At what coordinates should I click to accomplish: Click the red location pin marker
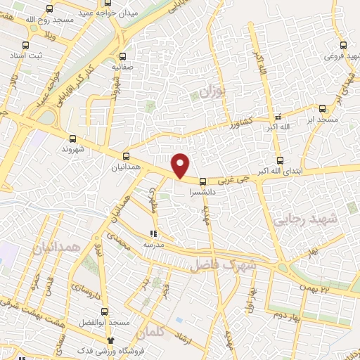[181, 165]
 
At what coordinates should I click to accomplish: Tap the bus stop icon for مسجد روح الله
[49, 10]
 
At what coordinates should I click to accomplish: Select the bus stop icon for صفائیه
[123, 56]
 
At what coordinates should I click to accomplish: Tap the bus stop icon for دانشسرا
[203, 181]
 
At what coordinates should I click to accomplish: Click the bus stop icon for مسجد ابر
[322, 108]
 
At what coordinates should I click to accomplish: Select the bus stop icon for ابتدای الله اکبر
[280, 160]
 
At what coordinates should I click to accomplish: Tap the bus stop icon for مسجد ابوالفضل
[104, 311]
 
